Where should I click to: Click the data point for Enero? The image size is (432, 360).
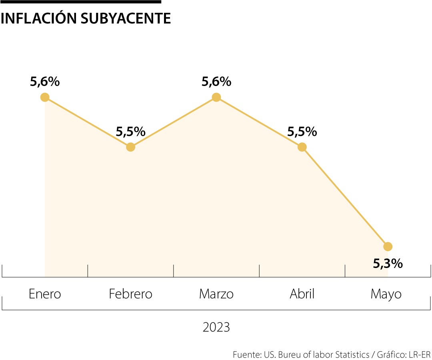(45, 97)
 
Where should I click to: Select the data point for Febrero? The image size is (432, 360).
(130, 147)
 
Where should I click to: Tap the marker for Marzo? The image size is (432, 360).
(216, 97)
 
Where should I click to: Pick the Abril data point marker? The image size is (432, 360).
(302, 147)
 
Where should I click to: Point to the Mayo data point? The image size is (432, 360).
(388, 246)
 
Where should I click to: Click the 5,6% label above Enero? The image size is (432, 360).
(45, 82)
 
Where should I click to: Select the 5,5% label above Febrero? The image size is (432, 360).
(130, 132)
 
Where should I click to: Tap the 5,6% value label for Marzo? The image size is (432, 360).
(216, 82)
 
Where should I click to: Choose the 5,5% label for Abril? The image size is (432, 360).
(302, 132)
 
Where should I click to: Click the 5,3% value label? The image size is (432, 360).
(388, 263)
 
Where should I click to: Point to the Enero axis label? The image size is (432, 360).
(45, 294)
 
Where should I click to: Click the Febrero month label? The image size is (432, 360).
(130, 294)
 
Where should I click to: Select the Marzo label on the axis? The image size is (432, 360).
(216, 294)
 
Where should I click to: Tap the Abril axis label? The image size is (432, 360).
(302, 294)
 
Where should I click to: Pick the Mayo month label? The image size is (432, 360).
(386, 294)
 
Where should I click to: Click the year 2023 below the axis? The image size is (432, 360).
(216, 327)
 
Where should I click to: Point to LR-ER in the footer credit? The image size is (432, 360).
(420, 354)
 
